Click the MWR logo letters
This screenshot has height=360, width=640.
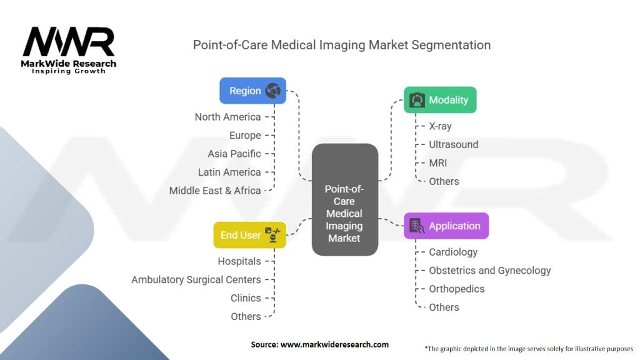69,42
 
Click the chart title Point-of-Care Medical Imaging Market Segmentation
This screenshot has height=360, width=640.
341,45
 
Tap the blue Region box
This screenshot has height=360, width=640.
252,91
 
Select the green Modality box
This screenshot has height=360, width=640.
440,100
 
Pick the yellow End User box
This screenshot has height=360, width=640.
249,235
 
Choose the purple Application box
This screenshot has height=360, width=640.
446,226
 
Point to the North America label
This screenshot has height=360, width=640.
227,117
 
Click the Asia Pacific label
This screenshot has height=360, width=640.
234,154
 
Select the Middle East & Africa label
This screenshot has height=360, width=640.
215,191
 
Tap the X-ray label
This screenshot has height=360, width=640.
440,126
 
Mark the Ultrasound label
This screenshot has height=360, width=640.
453,144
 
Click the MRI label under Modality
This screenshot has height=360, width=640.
437,163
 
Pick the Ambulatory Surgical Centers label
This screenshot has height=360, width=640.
196,280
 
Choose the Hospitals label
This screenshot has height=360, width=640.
239,261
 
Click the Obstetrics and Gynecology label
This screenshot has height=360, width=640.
489,271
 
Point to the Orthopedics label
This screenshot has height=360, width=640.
456,289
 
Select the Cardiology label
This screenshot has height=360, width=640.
452,252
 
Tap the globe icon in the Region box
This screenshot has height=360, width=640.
272,91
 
